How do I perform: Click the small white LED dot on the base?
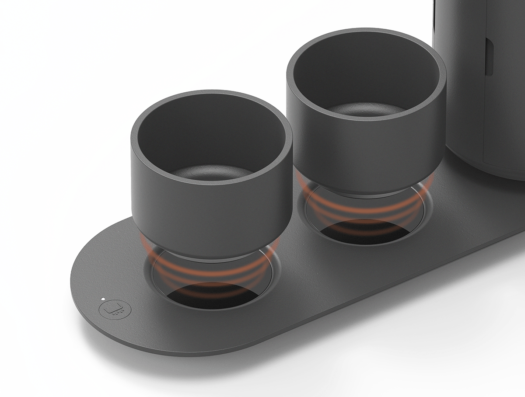[102, 299]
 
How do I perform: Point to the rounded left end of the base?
[81, 284]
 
